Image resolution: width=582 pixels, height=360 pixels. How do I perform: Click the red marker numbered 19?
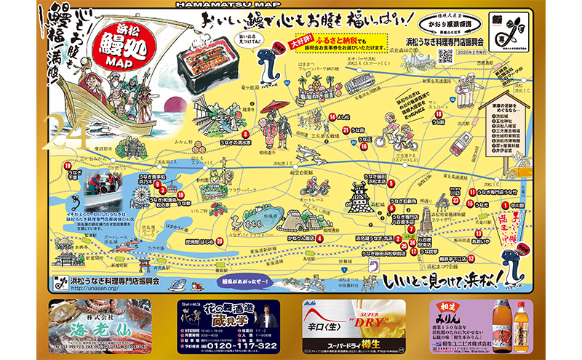tap(68, 167)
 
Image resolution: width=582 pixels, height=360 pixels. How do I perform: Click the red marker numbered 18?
tap(439, 114)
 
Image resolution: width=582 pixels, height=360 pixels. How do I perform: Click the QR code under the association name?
tap(445, 58)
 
